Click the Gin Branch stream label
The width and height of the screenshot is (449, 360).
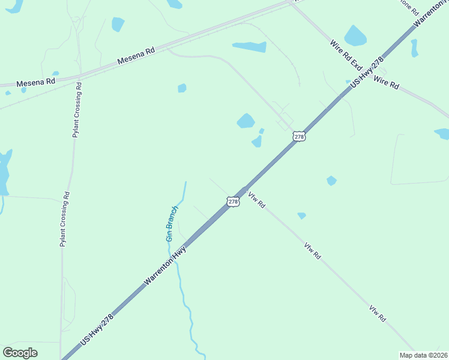click(172, 223)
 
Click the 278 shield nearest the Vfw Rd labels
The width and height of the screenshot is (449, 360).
click(234, 202)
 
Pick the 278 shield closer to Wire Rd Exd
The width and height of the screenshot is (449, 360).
click(300, 136)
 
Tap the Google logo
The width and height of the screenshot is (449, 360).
click(20, 353)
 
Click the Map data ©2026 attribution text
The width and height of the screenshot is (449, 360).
click(423, 355)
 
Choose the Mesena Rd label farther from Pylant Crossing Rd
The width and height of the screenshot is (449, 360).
click(136, 56)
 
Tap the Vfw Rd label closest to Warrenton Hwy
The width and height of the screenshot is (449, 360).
click(257, 200)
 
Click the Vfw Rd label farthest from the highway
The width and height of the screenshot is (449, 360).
click(377, 314)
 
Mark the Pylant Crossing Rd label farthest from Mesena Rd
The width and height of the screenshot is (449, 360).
click(65, 220)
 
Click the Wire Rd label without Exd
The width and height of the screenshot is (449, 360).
click(386, 83)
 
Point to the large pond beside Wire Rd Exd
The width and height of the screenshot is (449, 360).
click(355, 36)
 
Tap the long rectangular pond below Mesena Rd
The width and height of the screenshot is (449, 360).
click(250, 46)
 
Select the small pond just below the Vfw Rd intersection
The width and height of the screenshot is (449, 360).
click(301, 215)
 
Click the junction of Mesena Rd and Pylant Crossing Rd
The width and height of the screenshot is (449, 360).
click(78, 77)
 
